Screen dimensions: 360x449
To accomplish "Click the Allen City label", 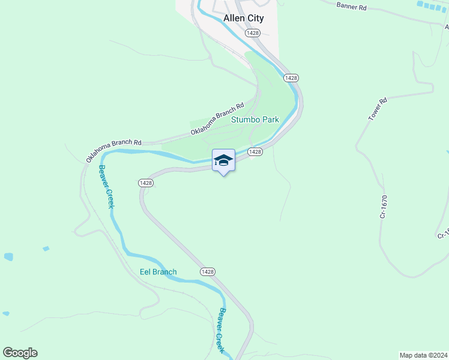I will pos(243,19).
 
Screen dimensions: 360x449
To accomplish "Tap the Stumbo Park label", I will pos(256,119).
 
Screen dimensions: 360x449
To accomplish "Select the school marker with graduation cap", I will pos(223,160).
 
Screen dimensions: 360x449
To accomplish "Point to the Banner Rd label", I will pos(351,5).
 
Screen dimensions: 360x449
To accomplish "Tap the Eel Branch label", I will pos(158,272).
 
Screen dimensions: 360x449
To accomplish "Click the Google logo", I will pos(20,353).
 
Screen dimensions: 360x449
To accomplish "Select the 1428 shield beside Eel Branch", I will pos(207,272).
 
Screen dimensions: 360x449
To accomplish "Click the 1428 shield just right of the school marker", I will pos(255,152).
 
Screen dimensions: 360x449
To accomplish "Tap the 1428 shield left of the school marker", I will pos(145,182).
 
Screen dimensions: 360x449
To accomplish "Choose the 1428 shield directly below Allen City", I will pos(252,33).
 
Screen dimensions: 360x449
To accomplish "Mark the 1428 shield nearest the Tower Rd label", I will pos(291,78).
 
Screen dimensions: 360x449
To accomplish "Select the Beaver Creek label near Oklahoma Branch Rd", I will pos(106,187).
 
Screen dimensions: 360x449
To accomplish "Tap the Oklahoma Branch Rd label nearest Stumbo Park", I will pos(217,120).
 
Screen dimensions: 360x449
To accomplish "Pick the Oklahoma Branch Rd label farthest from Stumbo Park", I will pos(113,150).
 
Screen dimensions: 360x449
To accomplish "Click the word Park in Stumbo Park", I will pos(270,119).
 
